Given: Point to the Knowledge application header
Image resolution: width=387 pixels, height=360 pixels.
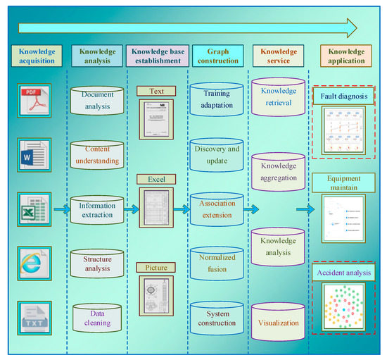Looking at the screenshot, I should pyautogui.click(x=345, y=56).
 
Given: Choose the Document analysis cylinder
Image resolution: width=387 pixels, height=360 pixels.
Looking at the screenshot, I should pyautogui.click(x=97, y=100).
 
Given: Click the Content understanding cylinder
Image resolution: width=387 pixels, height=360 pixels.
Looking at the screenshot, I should pyautogui.click(x=97, y=155).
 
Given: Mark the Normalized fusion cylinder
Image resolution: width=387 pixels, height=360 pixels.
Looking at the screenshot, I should pyautogui.click(x=216, y=263).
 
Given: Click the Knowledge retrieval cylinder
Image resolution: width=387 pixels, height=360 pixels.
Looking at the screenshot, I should pyautogui.click(x=278, y=97).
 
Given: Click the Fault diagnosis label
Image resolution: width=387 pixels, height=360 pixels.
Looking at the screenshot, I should pyautogui.click(x=345, y=96).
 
